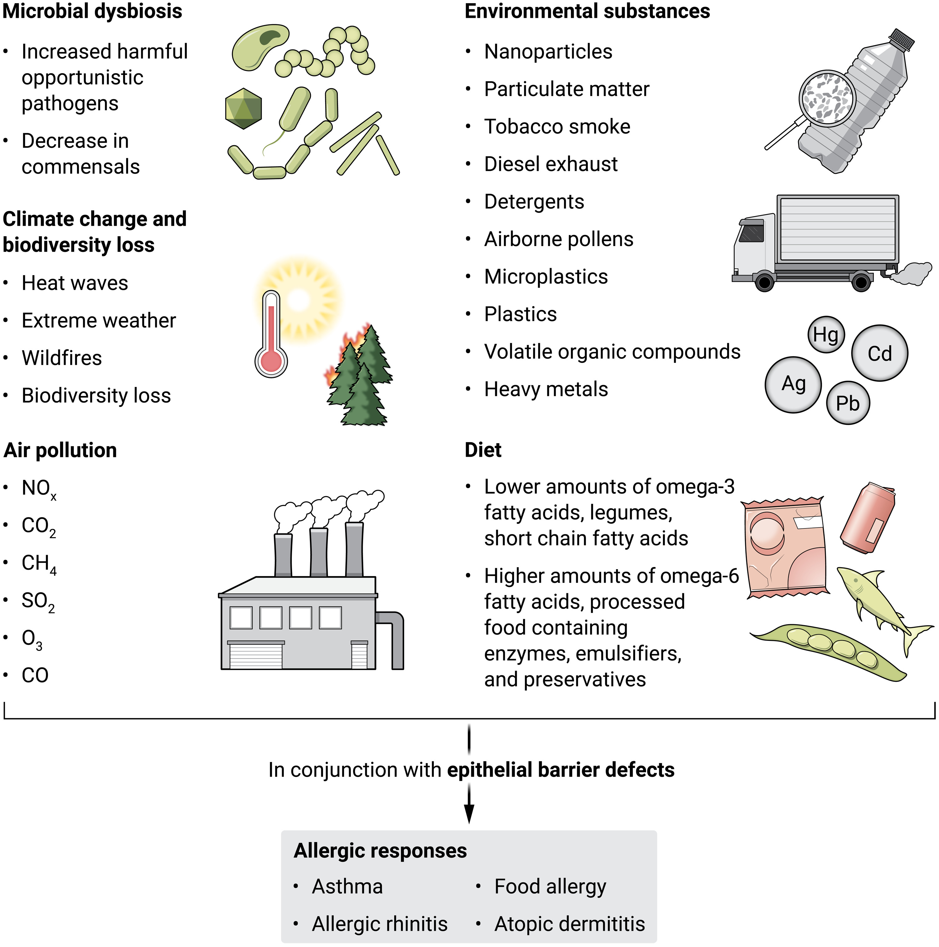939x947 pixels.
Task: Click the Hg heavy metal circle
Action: pyautogui.click(x=826, y=335)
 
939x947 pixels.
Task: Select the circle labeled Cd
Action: pyautogui.click(x=880, y=353)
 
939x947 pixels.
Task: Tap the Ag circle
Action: pyautogui.click(x=793, y=385)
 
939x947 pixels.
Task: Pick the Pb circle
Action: pyautogui.click(x=848, y=403)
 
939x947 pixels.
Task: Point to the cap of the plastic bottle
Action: pyautogui.click(x=902, y=39)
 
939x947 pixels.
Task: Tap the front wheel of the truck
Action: pyautogui.click(x=765, y=282)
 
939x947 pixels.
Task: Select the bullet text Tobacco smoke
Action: pyautogui.click(x=557, y=126)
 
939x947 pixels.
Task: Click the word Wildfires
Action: pyautogui.click(x=62, y=358)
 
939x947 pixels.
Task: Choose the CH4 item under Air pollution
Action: pyautogui.click(x=38, y=564)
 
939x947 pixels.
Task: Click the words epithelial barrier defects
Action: pyautogui.click(x=561, y=769)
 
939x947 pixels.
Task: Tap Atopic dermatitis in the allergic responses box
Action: pyautogui.click(x=569, y=924)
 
